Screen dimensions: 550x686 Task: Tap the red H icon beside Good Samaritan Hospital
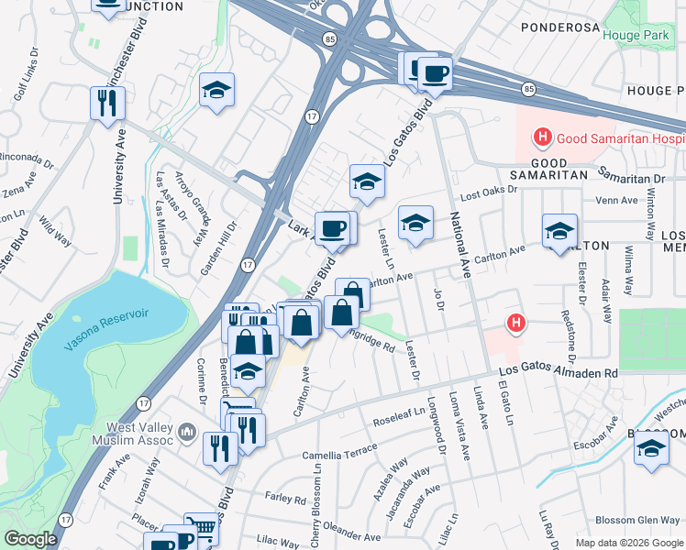(542, 138)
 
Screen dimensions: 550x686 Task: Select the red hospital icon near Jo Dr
(517, 323)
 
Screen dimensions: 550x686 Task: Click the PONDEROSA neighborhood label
(560, 27)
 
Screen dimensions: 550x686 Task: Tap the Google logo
(30, 540)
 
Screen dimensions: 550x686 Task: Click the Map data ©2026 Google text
(629, 543)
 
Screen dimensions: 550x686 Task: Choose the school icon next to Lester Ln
(415, 222)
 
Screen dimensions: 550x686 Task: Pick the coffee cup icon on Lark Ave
(332, 228)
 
